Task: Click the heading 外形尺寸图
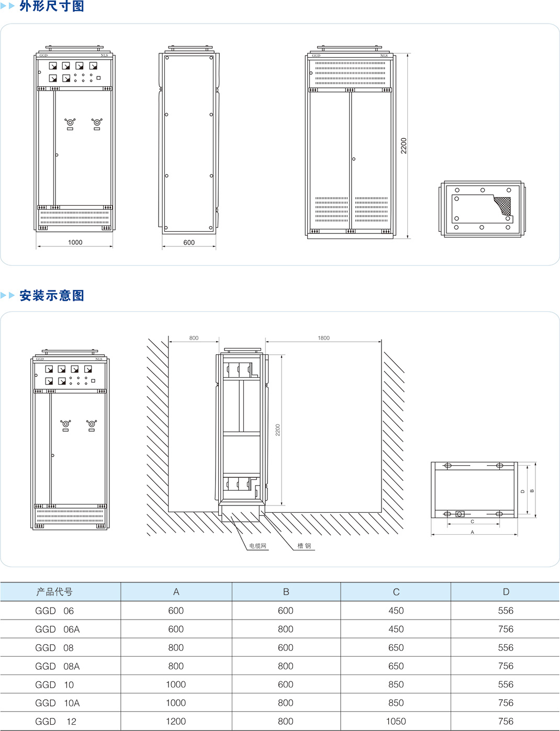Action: tap(51, 6)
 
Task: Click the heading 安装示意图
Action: tap(51, 296)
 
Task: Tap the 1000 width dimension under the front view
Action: tap(75, 242)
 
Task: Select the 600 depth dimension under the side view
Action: tap(189, 243)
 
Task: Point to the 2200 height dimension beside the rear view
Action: tap(404, 145)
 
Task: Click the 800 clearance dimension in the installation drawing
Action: tap(194, 338)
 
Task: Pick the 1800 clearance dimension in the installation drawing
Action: tap(323, 338)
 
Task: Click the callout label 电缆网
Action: tap(257, 546)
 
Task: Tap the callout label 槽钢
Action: tap(304, 546)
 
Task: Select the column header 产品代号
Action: tap(54, 592)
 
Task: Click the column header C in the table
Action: tap(396, 592)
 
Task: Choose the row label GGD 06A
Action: tap(57, 629)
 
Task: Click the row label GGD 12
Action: tap(55, 722)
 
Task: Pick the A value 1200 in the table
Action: tap(176, 722)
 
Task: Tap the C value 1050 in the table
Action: tap(396, 722)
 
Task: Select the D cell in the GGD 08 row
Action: tap(506, 648)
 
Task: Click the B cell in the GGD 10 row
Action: tap(286, 684)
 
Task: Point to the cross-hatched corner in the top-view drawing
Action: tap(503, 206)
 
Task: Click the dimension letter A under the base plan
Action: tap(473, 532)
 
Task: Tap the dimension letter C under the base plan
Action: tap(473, 522)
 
